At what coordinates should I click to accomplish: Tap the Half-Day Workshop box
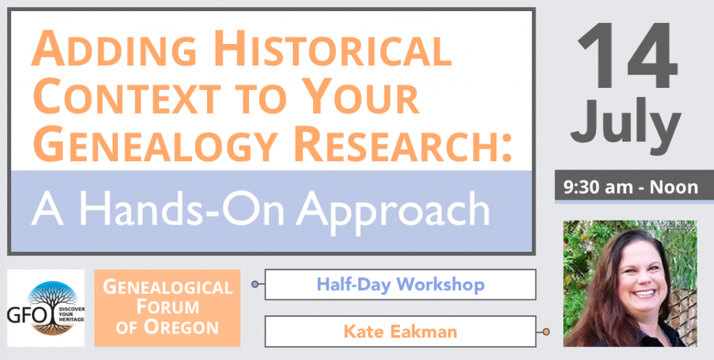(400, 285)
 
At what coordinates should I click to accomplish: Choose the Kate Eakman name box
(400, 331)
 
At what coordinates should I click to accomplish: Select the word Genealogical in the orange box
(167, 287)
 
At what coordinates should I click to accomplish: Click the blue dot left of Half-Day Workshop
(255, 285)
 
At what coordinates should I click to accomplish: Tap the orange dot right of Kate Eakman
(546, 332)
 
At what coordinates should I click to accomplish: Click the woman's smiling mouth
(643, 293)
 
